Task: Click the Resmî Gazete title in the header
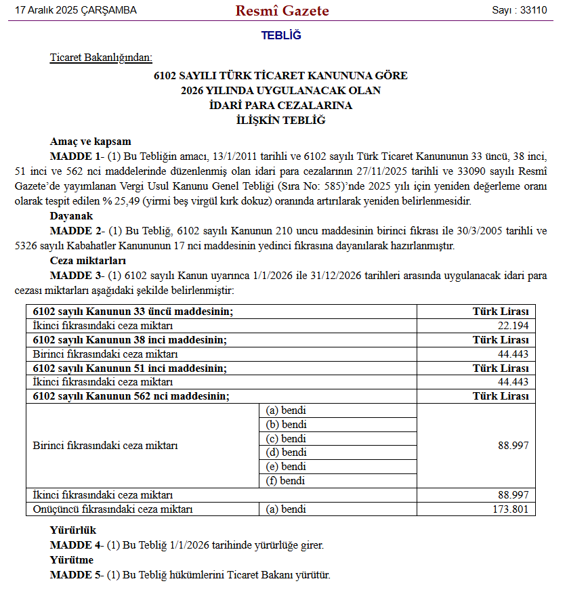pos(282,11)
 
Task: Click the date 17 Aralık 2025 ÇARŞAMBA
pos(75,11)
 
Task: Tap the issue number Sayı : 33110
pos(520,11)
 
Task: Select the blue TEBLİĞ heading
pos(281,35)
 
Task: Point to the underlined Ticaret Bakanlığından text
pos(102,58)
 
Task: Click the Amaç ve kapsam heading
pos(90,142)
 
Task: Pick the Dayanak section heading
pos(71,217)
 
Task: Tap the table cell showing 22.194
pos(513,325)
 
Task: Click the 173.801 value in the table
pos(510,509)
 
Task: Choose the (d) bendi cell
pos(286,452)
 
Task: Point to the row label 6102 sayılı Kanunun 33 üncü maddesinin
pos(133,311)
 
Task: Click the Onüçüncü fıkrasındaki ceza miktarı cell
pos(112,509)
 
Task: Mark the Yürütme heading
pos(71,560)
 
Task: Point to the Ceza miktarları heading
pos(87,261)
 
